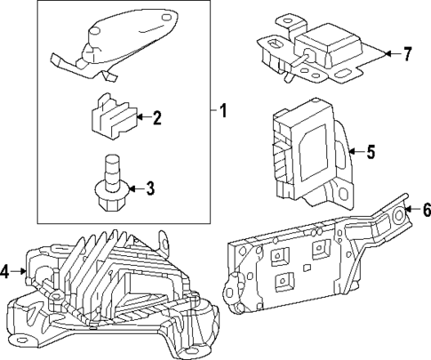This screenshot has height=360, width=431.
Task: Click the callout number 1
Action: coord(223,112)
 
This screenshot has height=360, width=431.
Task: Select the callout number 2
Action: coord(156,117)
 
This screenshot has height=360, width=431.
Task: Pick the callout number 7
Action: coord(407,54)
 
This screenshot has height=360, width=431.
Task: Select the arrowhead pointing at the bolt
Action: coord(131,188)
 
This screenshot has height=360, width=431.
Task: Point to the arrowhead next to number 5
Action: coord(351,152)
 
